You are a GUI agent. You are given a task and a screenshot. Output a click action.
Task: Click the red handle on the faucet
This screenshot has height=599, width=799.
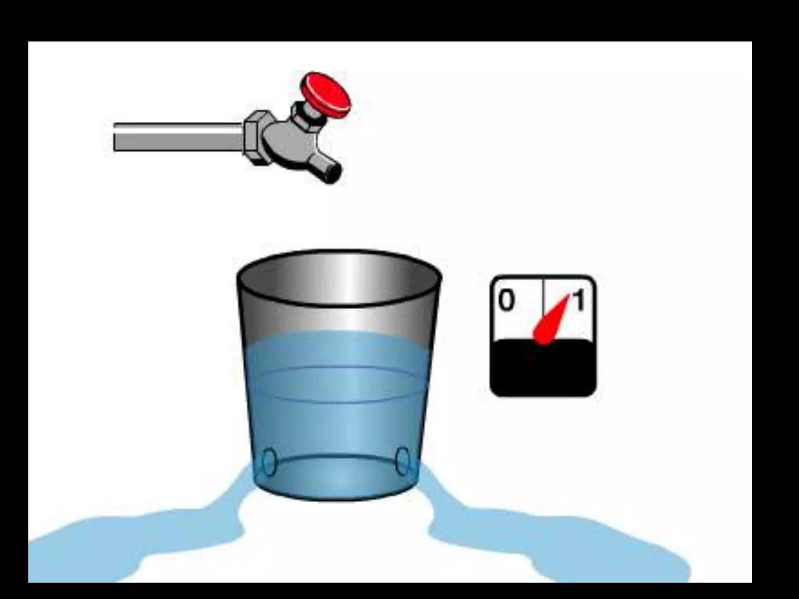click(326, 95)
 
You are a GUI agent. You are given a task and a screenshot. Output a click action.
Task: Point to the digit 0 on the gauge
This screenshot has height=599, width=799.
click(506, 301)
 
